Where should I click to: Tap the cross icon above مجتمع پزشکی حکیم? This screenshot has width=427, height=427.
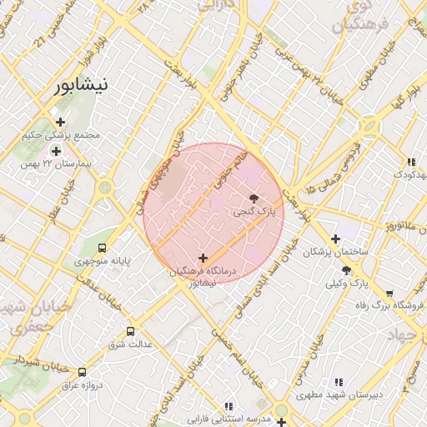coord(61,123)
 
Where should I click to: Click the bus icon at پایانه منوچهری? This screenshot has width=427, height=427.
coord(102,248)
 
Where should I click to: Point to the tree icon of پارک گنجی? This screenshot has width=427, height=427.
coord(254,198)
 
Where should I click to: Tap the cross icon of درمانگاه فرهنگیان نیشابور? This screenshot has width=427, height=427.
coord(203,259)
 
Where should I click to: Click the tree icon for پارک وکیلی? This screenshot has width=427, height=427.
coord(346,270)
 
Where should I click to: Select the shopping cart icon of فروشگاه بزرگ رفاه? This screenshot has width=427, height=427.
coord(389,293)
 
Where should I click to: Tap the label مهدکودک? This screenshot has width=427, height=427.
coord(409,174)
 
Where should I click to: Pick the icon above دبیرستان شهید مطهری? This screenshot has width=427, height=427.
coord(338,383)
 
